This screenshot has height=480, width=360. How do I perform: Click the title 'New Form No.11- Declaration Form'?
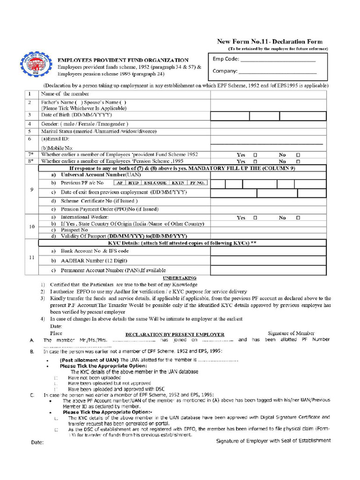pyautogui.click(x=270, y=42)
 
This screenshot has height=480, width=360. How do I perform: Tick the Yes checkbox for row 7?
pyautogui.click(x=255, y=155)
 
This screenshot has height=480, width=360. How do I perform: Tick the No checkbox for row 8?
pyautogui.click(x=298, y=161)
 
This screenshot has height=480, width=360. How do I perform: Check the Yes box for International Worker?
pyautogui.click(x=255, y=218)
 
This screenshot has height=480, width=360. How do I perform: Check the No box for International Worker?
pyautogui.click(x=298, y=218)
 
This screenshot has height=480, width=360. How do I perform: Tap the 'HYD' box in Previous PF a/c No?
pyautogui.click(x=134, y=183)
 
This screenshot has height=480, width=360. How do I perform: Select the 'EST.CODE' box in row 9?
pyautogui.click(x=155, y=183)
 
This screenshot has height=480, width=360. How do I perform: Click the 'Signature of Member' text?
pyautogui.click(x=291, y=333)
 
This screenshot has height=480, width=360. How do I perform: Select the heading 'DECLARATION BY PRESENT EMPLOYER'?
pyautogui.click(x=174, y=335)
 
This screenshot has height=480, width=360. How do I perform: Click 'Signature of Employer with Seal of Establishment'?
pyautogui.click(x=273, y=441)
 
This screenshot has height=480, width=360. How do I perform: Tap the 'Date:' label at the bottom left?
pyautogui.click(x=37, y=442)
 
